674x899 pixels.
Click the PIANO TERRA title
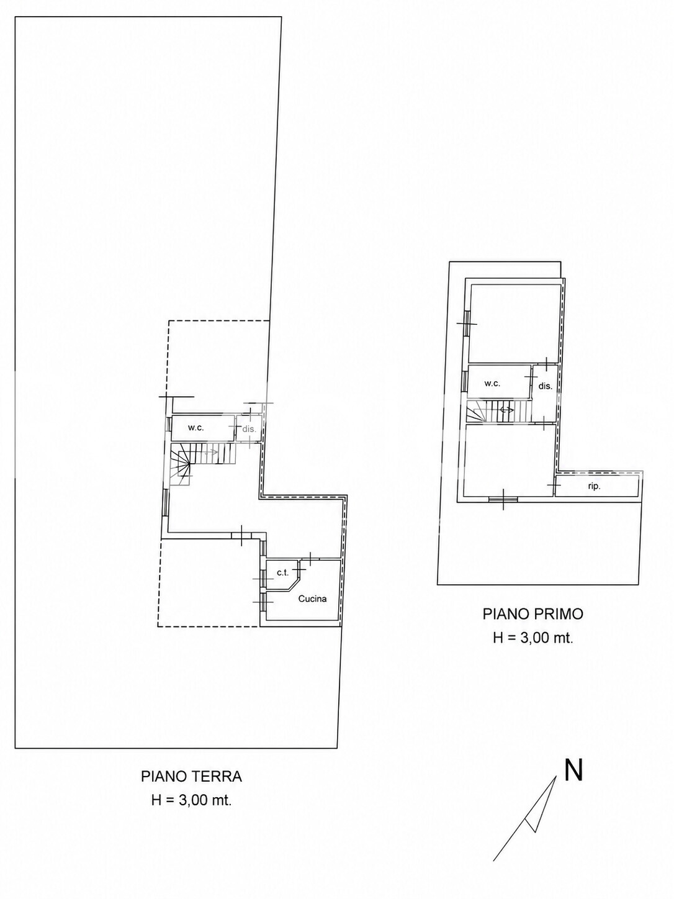[x=191, y=777]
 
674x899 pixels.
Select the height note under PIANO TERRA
[x=191, y=800]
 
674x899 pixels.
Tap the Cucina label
[x=312, y=599]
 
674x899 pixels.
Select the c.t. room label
[x=283, y=572]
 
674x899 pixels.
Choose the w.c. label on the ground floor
[x=195, y=428]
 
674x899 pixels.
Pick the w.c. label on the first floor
[x=492, y=384]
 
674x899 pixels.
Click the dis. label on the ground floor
[x=249, y=429]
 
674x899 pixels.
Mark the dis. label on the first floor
[x=545, y=386]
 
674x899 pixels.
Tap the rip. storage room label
[x=594, y=487]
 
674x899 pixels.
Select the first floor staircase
[x=498, y=411]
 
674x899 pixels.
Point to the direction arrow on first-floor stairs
[x=506, y=409]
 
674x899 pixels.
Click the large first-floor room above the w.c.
[x=514, y=323]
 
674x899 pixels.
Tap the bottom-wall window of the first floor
[x=503, y=499]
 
